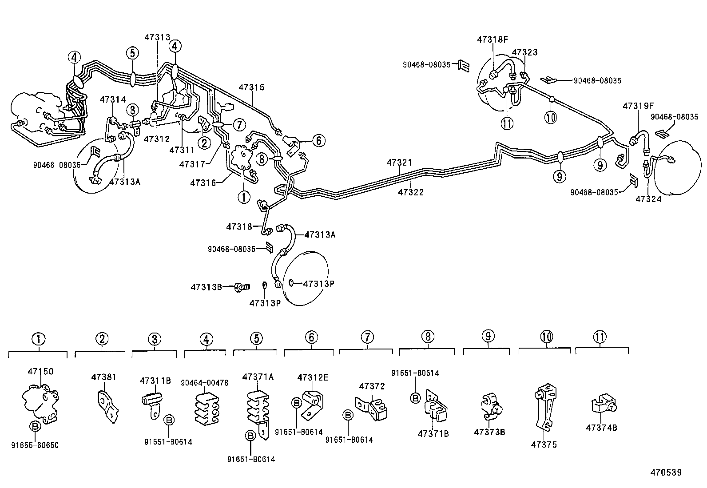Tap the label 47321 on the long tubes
400,163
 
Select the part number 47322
411,192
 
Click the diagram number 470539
666,472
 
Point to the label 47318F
492,39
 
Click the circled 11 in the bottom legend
600,337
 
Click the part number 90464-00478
205,383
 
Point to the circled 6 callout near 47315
318,141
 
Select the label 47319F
638,106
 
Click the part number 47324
648,199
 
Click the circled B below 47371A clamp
250,436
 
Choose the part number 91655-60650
35,445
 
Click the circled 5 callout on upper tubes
132,53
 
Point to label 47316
203,183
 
